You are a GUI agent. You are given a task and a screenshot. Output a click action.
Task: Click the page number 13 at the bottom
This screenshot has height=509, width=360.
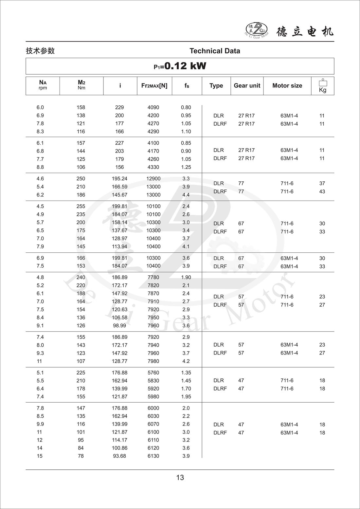click(180, 478)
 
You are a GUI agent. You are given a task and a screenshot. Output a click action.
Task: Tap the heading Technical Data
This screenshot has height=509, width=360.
click(215, 51)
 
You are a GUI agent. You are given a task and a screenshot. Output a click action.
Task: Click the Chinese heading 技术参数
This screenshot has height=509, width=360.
click(40, 51)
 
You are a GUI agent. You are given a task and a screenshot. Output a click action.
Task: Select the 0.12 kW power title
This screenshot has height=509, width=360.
click(180, 66)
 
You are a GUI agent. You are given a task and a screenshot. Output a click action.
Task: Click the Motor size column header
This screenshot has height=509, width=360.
click(287, 86)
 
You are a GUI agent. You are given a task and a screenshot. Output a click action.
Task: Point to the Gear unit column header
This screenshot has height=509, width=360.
click(247, 86)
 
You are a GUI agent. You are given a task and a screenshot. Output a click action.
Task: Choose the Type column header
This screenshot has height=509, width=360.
click(216, 86)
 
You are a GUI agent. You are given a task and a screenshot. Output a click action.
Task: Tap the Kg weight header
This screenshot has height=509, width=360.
click(322, 86)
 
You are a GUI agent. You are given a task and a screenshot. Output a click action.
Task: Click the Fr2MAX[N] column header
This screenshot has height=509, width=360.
click(154, 86)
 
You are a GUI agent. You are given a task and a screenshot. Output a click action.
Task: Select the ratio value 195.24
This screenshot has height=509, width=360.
click(119, 179)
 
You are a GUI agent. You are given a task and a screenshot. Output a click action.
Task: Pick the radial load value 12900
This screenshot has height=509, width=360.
click(153, 179)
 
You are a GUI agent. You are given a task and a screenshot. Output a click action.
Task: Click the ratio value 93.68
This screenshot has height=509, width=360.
click(119, 456)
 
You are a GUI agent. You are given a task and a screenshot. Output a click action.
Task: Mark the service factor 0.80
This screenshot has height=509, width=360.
click(186, 107)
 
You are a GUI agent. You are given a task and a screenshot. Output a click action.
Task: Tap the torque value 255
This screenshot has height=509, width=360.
click(81, 207)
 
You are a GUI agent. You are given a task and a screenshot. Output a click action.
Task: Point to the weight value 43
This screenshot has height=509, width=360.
click(322, 191)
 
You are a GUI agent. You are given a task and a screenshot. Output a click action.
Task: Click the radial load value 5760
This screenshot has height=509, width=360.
click(153, 373)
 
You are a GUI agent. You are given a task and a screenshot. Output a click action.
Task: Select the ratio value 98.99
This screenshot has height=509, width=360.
click(119, 326)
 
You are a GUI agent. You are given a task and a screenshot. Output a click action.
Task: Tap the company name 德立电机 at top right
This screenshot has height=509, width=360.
click(305, 31)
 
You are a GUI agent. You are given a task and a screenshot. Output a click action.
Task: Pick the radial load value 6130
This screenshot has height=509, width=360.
click(153, 456)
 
